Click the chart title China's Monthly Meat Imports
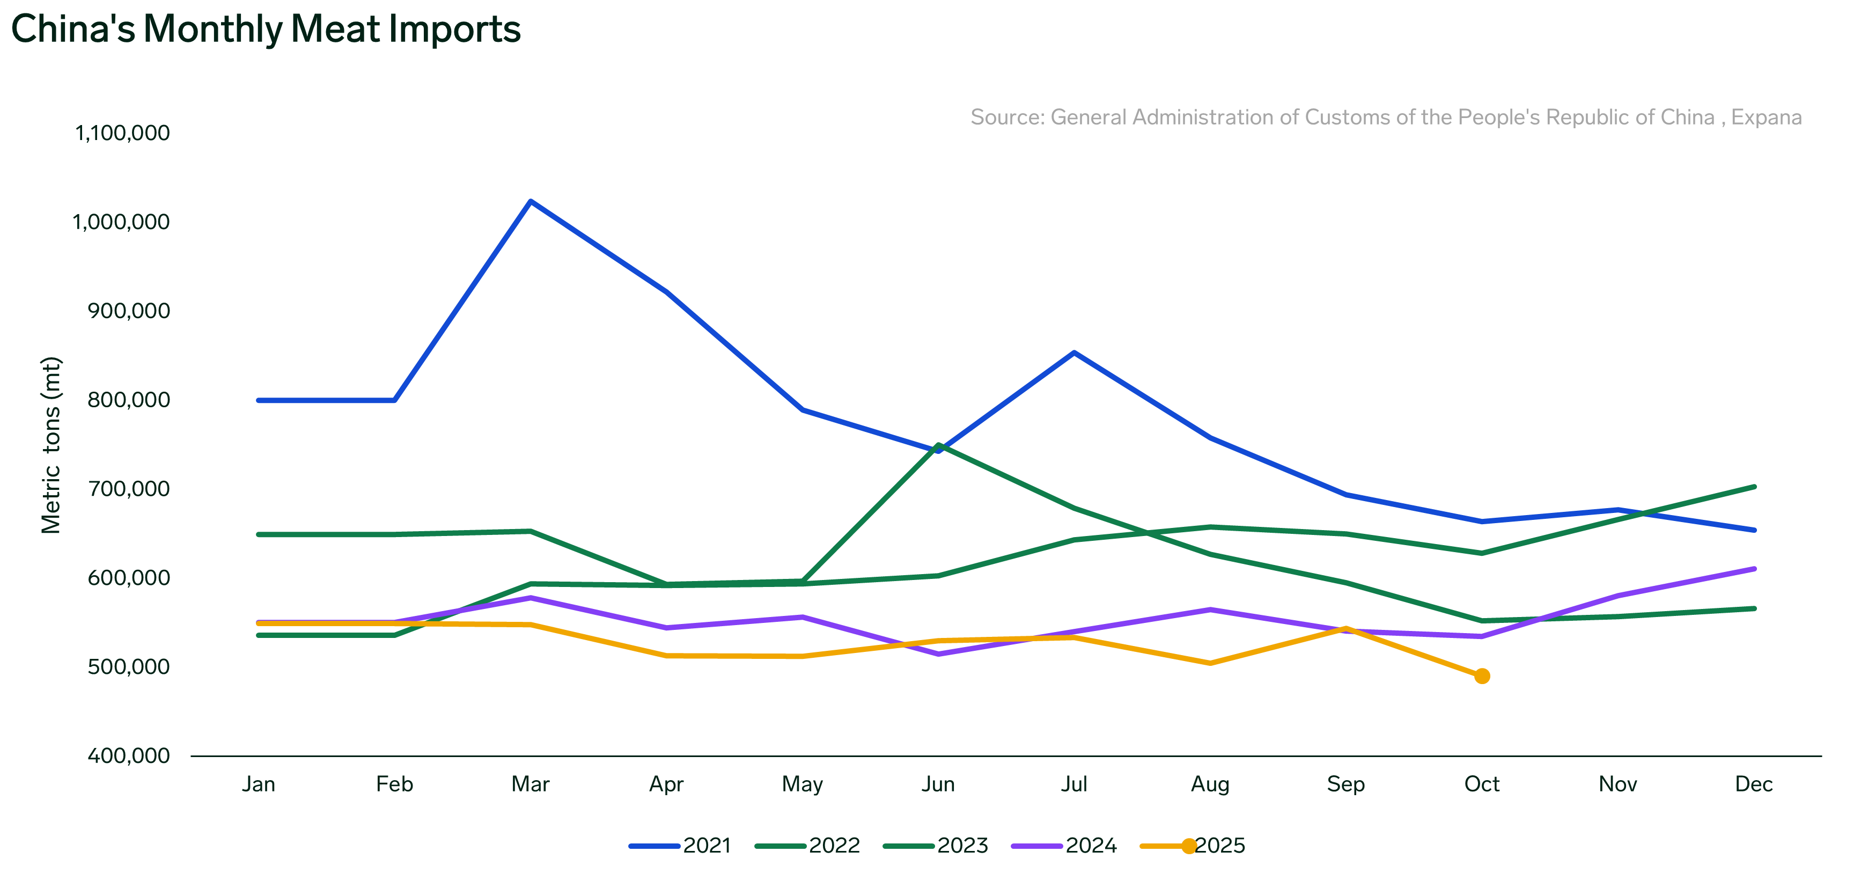[266, 30]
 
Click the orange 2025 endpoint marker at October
[1482, 676]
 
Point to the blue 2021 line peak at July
[1074, 353]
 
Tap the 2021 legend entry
[680, 846]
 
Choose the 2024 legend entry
[1064, 846]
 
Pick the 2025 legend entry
[1193, 846]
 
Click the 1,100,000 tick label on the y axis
[122, 133]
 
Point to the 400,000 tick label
[128, 755]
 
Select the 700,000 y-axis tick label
[128, 489]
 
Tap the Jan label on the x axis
[258, 784]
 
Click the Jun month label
[938, 784]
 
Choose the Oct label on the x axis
[1482, 784]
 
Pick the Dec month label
[1753, 784]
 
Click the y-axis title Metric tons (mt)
[52, 445]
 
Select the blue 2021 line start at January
[259, 400]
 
